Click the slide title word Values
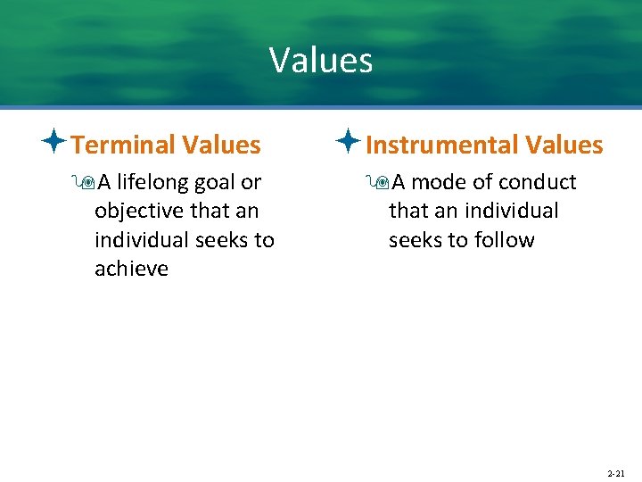click(x=321, y=61)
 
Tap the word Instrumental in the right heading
click(x=442, y=145)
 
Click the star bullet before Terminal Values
click(x=54, y=142)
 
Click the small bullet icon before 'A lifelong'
click(x=85, y=183)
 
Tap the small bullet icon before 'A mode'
click(x=379, y=183)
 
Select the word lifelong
click(x=152, y=183)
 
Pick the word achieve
click(x=131, y=269)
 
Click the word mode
click(x=439, y=183)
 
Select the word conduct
click(x=538, y=183)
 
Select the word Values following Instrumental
click(x=564, y=145)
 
